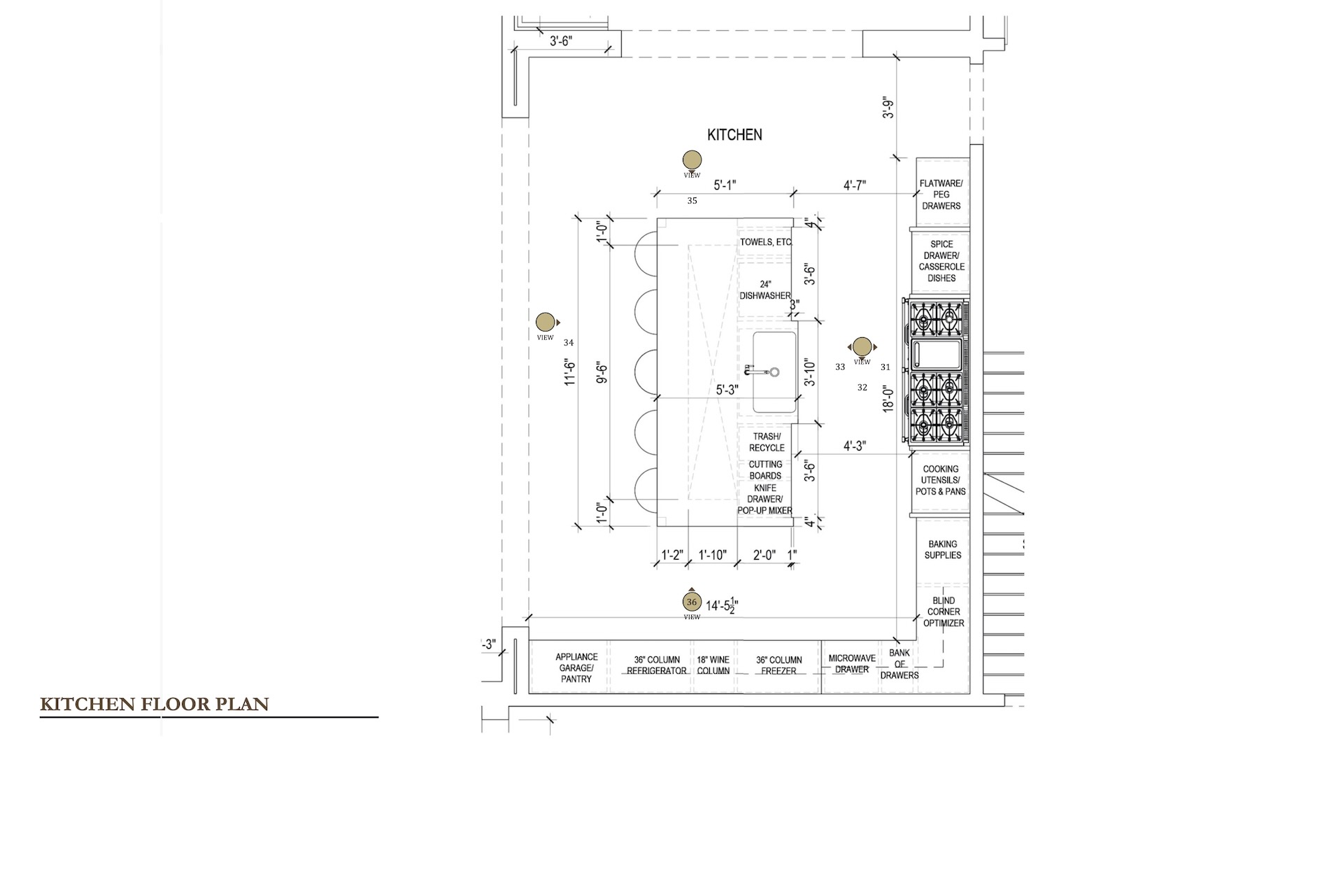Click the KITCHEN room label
pyautogui.click(x=734, y=135)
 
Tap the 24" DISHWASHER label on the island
pyautogui.click(x=765, y=290)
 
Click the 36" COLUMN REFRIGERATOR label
pyautogui.click(x=657, y=665)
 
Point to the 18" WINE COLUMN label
pyautogui.click(x=713, y=665)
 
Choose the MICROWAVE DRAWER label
pyautogui.click(x=852, y=664)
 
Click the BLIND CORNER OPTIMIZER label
pyautogui.click(x=944, y=612)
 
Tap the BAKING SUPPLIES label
pyautogui.click(x=943, y=549)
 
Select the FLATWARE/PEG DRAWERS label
pyautogui.click(x=941, y=195)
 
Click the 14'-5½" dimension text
pyautogui.click(x=723, y=606)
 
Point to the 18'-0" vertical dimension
pyautogui.click(x=888, y=398)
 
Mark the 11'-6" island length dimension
pyautogui.click(x=570, y=372)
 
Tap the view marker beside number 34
pyautogui.click(x=546, y=323)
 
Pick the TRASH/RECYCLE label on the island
pyautogui.click(x=767, y=442)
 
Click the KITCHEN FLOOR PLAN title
pyautogui.click(x=155, y=704)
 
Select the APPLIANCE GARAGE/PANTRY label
pyautogui.click(x=576, y=667)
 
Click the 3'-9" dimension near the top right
pyautogui.click(x=888, y=107)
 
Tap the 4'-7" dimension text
pyautogui.click(x=855, y=185)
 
